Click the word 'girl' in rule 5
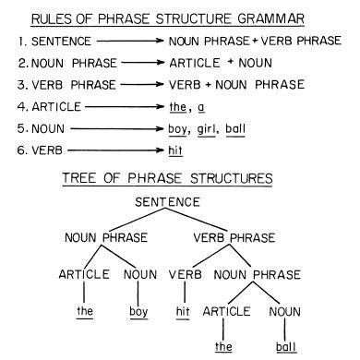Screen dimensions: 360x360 (206, 129)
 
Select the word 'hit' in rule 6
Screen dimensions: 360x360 (175, 150)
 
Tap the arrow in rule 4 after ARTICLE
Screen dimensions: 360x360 (125, 107)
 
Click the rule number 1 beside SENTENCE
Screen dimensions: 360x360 (21, 42)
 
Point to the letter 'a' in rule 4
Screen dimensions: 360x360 (201, 107)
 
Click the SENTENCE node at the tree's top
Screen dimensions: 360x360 (167, 202)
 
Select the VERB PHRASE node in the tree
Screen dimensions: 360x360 (234, 237)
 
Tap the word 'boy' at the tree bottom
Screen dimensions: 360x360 (138, 312)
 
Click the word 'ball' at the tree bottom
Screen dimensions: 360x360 (286, 347)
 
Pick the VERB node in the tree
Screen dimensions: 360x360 (186, 274)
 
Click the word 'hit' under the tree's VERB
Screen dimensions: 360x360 (183, 311)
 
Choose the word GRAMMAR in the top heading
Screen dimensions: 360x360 (270, 19)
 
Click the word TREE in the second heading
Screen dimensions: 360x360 (79, 178)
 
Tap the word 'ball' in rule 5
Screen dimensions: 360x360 (235, 128)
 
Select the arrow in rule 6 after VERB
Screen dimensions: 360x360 (116, 150)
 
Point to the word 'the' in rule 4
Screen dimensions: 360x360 (178, 107)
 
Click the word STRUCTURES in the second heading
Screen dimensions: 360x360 (232, 178)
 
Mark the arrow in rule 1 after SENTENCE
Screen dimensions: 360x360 (130, 41)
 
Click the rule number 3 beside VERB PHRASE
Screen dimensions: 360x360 (22, 85)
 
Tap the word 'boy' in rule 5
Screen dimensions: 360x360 (177, 129)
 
